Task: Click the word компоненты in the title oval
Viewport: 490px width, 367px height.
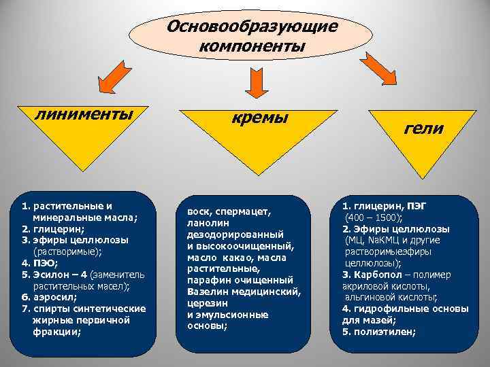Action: click(x=252, y=46)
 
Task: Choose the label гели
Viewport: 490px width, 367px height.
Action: click(x=423, y=128)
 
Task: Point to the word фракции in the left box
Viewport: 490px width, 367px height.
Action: click(x=56, y=332)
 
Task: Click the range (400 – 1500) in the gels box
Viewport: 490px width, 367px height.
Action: click(x=373, y=217)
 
